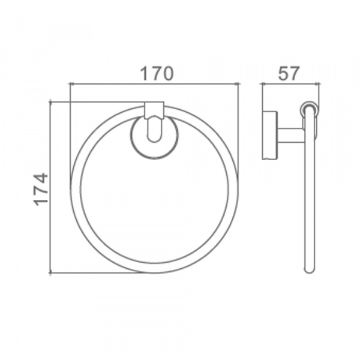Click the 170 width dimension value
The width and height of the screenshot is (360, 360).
point(157,74)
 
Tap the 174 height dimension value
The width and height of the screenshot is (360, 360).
point(41,190)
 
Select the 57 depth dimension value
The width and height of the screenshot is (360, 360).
point(289,73)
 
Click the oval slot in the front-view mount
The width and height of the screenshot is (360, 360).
point(154,130)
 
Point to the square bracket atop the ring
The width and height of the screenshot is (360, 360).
point(154,110)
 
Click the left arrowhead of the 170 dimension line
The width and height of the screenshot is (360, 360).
point(71,84)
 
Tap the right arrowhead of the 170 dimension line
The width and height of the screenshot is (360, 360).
point(238,84)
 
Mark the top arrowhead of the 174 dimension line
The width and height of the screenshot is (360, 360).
point(50,103)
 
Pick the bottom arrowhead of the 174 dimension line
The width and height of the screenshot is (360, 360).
point(50,272)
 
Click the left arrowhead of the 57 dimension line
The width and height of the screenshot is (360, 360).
point(263,84)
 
